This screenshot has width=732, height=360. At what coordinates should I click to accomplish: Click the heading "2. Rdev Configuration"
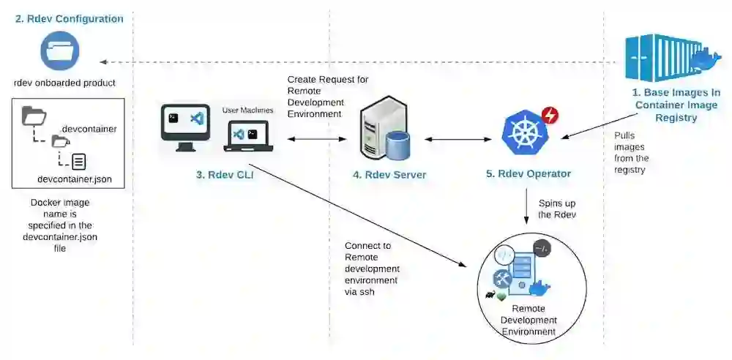[x=69, y=19]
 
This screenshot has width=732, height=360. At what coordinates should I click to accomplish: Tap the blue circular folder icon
[x=60, y=50]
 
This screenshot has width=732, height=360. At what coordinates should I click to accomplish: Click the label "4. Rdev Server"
[x=389, y=175]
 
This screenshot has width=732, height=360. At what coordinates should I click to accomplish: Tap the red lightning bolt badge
[x=550, y=115]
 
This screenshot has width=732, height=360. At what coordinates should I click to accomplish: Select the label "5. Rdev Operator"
[x=529, y=173]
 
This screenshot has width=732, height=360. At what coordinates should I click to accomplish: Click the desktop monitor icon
[x=185, y=127]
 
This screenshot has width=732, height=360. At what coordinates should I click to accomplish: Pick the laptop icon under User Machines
[x=248, y=136]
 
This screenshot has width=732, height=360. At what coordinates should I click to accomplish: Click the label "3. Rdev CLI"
[x=225, y=176]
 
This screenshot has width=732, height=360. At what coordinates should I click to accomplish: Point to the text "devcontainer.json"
[x=74, y=179]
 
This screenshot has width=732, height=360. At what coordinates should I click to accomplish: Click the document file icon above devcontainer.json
[x=78, y=162]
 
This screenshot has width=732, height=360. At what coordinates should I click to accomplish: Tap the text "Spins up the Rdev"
[x=557, y=209]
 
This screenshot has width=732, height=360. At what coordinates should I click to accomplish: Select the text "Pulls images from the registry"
[x=632, y=153]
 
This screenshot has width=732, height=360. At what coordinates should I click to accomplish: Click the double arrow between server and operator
[x=458, y=139]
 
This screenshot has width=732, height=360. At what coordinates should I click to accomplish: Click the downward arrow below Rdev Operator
[x=527, y=206]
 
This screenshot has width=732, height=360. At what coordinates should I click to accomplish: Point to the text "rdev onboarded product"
[x=64, y=83]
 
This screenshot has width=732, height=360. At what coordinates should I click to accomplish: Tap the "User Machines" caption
[x=247, y=110]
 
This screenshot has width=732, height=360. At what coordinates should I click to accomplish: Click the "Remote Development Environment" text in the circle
[x=529, y=320]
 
